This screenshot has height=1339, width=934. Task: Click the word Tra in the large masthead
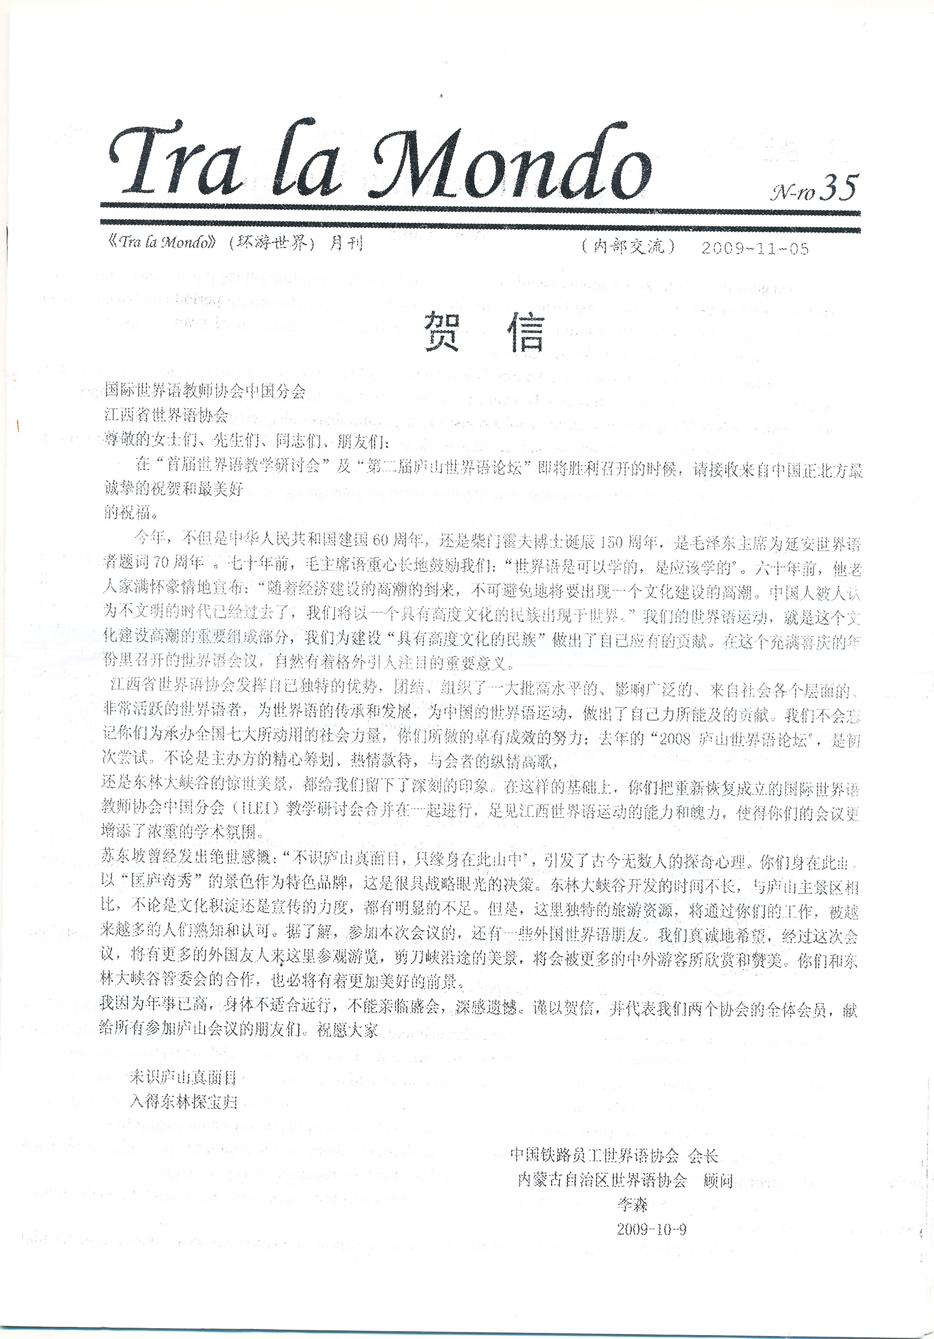tap(175, 163)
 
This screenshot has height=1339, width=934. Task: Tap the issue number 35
tap(839, 188)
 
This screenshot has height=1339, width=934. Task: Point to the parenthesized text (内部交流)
tap(628, 247)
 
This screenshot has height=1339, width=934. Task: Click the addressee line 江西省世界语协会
tap(166, 415)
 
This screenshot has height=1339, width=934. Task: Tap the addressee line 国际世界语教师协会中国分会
tap(204, 390)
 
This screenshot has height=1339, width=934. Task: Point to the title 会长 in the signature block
tap(703, 1155)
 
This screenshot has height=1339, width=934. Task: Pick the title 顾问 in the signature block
tap(718, 1181)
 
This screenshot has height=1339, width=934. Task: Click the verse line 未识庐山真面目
tap(183, 1077)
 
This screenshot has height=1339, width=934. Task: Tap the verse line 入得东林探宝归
tap(183, 1102)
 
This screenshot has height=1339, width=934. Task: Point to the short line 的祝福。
tap(129, 513)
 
